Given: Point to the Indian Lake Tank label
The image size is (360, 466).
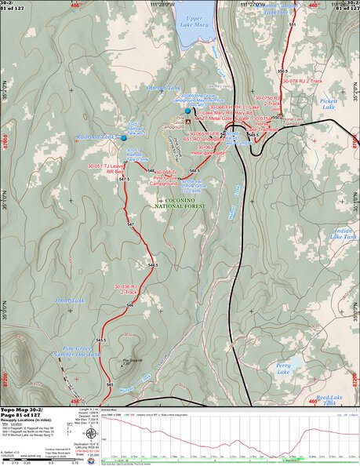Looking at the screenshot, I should [344, 233].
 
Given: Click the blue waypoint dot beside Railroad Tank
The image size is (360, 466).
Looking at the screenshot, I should [124, 138].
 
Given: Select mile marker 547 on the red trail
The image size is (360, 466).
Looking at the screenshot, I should [131, 225].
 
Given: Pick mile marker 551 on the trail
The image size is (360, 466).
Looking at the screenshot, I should [293, 27].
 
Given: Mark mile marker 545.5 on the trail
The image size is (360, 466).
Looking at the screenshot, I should [101, 340].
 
